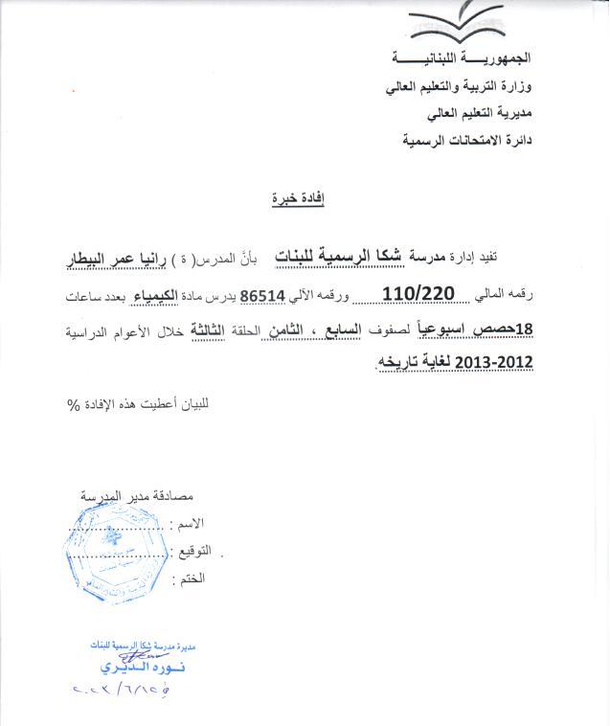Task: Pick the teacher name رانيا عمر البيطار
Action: [107, 257]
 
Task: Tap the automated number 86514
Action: [262, 295]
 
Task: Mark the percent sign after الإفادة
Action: [72, 403]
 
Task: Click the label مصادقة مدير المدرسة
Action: [133, 497]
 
